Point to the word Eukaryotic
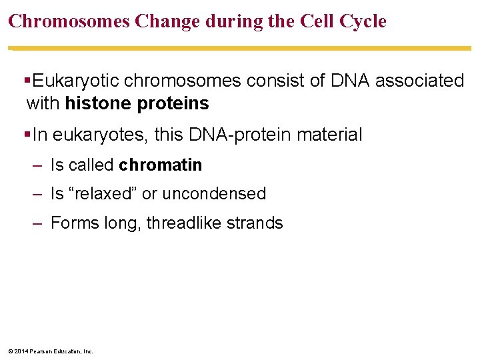[77, 81]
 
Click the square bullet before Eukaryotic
[27, 81]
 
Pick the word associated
[419, 81]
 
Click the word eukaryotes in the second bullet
[100, 135]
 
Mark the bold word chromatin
[161, 165]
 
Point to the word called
[91, 165]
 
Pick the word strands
[257, 223]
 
